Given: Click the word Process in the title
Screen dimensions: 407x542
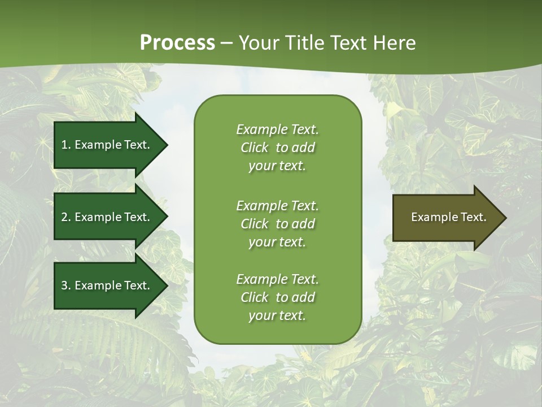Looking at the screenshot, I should [x=177, y=43].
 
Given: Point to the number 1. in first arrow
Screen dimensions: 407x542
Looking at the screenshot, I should [x=66, y=145].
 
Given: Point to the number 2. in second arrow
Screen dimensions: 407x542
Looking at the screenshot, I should [x=66, y=217].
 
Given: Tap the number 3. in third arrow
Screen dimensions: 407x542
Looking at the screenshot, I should [x=66, y=285].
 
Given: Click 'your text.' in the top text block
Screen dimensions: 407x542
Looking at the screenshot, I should [x=277, y=166].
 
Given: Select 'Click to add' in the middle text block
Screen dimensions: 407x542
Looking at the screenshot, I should [x=277, y=224].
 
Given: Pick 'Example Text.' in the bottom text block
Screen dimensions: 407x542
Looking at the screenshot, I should [x=277, y=279].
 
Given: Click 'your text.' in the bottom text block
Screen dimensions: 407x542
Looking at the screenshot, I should [x=277, y=316].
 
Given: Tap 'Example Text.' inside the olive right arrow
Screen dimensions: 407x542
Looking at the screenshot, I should [x=448, y=217].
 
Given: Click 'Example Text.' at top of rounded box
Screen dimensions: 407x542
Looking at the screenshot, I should [x=277, y=129].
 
